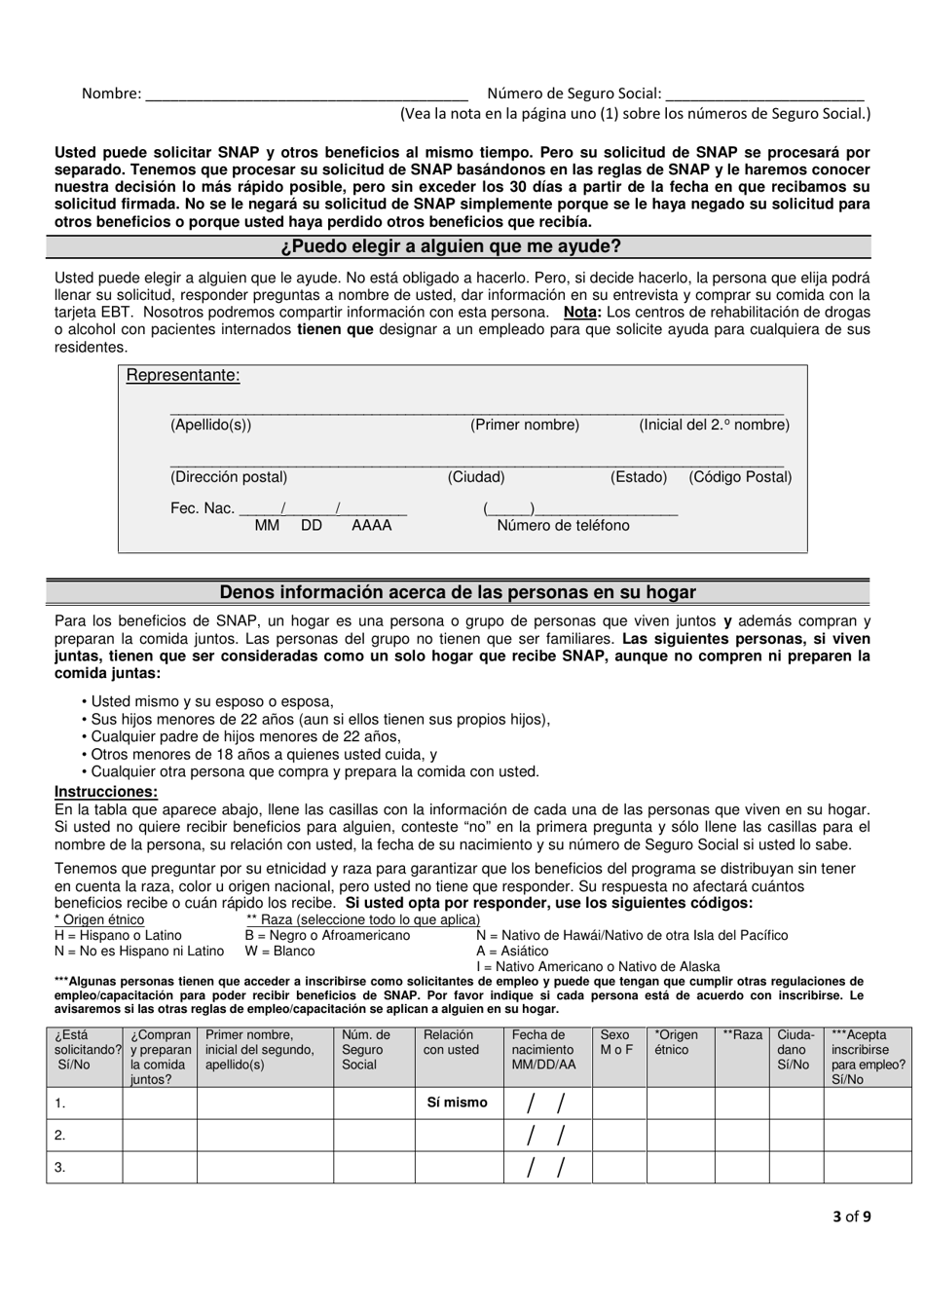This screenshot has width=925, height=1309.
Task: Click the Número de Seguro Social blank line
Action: point(764,95)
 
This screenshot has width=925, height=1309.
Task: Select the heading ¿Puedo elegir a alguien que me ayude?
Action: point(458,247)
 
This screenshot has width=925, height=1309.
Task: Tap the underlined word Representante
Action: point(183,376)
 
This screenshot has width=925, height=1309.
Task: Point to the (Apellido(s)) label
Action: point(210,425)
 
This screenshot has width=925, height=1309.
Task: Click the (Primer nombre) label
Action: point(525,425)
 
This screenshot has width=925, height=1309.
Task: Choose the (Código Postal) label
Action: point(740,477)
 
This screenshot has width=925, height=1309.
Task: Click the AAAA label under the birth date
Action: point(371,526)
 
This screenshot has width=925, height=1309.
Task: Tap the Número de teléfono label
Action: point(563,526)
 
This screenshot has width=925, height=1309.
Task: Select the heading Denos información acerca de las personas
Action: point(458,592)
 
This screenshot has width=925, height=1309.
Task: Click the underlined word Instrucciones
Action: point(106,792)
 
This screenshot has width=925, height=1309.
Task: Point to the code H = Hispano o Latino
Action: point(118,935)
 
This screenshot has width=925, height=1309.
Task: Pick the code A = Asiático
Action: point(512,951)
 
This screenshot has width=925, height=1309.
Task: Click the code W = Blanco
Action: point(280,951)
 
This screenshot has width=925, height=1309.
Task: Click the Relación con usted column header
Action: point(451,1043)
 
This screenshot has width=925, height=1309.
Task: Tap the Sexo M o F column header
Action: point(615,1043)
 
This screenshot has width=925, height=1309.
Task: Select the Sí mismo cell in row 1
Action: point(457,1103)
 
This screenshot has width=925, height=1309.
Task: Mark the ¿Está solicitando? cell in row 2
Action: point(85,1135)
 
